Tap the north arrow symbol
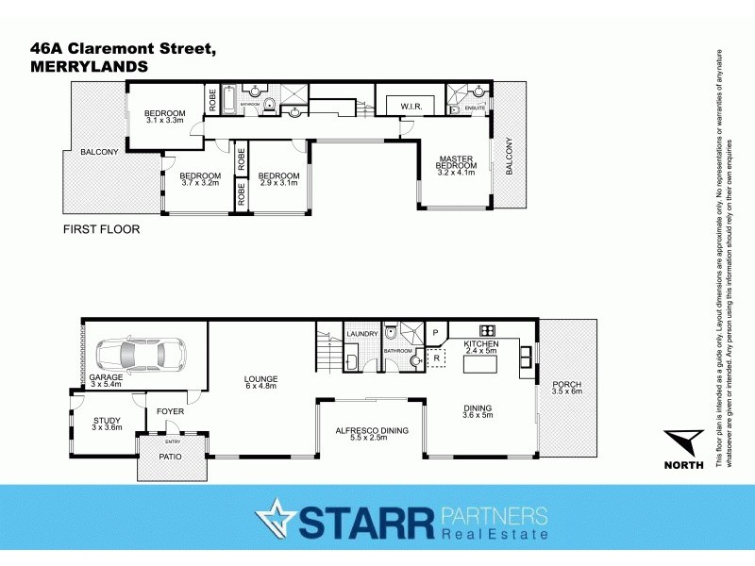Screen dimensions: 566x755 pyautogui.click(x=683, y=442)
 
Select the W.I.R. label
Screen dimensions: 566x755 pyautogui.click(x=411, y=106)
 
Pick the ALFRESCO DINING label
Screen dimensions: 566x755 pyautogui.click(x=373, y=430)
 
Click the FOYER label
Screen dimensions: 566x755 pyautogui.click(x=170, y=411)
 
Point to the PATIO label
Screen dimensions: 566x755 pyautogui.click(x=170, y=458)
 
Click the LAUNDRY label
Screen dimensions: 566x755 pyautogui.click(x=362, y=334)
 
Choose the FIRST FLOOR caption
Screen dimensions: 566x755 pyautogui.click(x=101, y=229)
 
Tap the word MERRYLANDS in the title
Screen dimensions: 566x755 pyautogui.click(x=89, y=67)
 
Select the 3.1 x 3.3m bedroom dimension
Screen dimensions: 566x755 pyautogui.click(x=165, y=120)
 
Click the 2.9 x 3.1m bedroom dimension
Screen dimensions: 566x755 pyautogui.click(x=278, y=183)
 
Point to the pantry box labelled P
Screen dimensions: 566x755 pyautogui.click(x=436, y=333)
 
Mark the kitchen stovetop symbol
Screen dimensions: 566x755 pyautogui.click(x=488, y=330)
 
